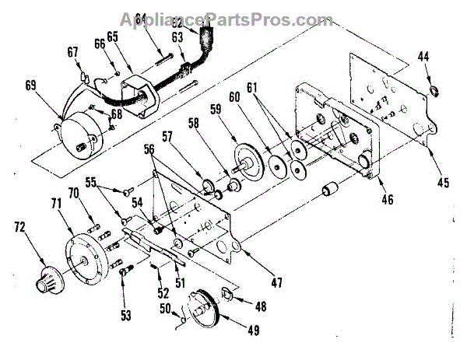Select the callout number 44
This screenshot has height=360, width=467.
[x=424, y=58]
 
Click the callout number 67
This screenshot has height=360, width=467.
[x=73, y=53]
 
